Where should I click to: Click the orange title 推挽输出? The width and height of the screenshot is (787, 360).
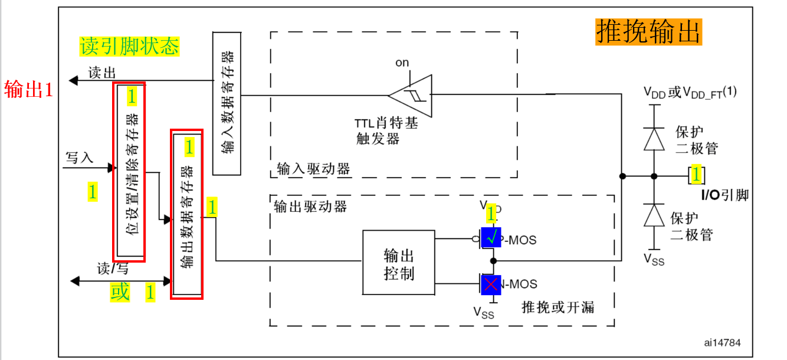[x=648, y=31]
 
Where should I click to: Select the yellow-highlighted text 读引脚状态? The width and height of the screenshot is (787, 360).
[x=129, y=46]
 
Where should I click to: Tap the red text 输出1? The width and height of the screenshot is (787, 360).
[x=29, y=90]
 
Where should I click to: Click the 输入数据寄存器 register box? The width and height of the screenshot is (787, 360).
[x=227, y=103]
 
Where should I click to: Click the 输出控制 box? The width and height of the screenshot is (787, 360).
[x=399, y=263]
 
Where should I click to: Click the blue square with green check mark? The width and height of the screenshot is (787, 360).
[x=491, y=237]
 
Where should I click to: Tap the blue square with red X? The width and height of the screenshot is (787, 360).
[x=491, y=285]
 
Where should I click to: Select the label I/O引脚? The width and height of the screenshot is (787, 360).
[x=724, y=195]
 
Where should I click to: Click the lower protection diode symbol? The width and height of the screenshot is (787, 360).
[x=654, y=215]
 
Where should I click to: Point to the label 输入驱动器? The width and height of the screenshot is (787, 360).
[x=313, y=169]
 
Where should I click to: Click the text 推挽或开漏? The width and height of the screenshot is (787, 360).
[x=558, y=307]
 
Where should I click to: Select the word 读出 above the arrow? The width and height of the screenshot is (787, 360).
[x=102, y=73]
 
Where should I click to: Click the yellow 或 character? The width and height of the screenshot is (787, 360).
[x=120, y=292]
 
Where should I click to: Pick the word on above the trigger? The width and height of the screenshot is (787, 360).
[x=402, y=63]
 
